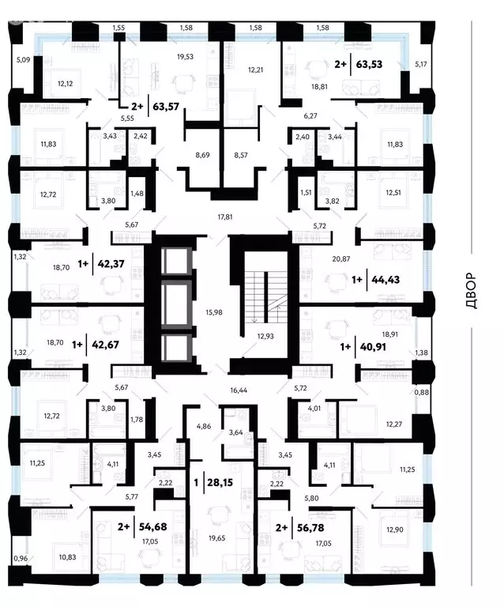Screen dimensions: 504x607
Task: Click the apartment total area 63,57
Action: (166, 107)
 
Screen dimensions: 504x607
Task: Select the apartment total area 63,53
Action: (369, 64)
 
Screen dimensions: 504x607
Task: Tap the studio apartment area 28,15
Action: (220, 482)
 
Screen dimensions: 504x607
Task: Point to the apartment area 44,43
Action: (386, 280)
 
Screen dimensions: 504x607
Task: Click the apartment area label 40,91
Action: (373, 347)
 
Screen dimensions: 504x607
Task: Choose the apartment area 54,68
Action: (152, 526)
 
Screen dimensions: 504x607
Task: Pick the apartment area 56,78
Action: (310, 528)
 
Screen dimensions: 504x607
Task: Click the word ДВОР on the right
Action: (472, 291)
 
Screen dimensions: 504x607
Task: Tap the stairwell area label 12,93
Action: (265, 337)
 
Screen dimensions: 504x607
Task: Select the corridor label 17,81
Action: (225, 217)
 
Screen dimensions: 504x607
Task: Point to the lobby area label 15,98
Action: (214, 312)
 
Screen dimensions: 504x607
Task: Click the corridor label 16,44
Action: (239, 390)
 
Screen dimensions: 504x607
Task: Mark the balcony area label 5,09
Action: (23, 60)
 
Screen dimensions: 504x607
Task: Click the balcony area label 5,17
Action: (421, 64)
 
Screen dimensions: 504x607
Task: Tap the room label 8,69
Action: (202, 155)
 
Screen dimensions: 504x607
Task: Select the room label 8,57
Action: (241, 155)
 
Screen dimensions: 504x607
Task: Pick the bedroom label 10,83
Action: (67, 557)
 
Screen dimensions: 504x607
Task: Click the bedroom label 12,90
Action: (394, 530)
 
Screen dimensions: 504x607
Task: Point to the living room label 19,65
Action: (216, 538)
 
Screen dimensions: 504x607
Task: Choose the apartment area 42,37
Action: (111, 264)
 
